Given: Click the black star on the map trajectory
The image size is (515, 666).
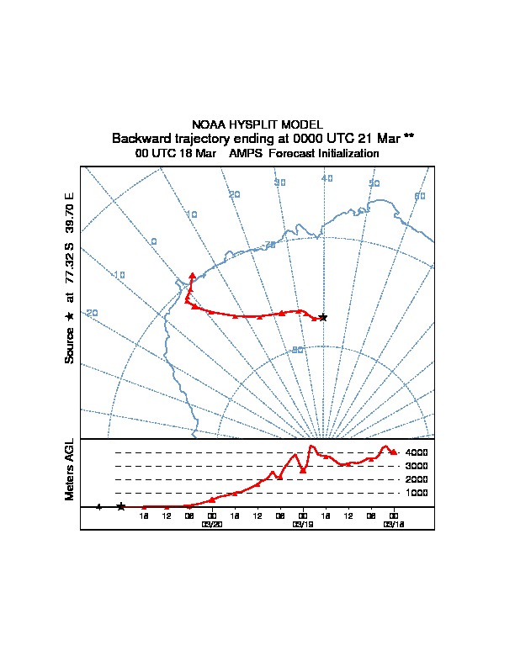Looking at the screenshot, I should tap(323, 317).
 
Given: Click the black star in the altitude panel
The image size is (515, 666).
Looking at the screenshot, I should tap(121, 506).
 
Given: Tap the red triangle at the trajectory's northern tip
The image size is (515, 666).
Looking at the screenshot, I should tap(193, 275).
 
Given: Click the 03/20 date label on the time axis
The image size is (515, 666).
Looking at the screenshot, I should tap(211, 524).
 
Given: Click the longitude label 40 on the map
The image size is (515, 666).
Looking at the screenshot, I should tap(327, 178).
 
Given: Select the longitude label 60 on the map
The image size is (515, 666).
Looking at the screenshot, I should tap(420, 196).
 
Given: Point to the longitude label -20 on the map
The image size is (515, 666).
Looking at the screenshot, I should tap(91, 313).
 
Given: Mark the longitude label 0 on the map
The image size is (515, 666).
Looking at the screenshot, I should tap(154, 241).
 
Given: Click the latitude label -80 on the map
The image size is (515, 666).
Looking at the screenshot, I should tap(296, 350).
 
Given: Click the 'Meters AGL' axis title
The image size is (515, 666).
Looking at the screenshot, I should tap(70, 469).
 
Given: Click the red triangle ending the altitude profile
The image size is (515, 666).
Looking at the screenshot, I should tap(393, 452).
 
